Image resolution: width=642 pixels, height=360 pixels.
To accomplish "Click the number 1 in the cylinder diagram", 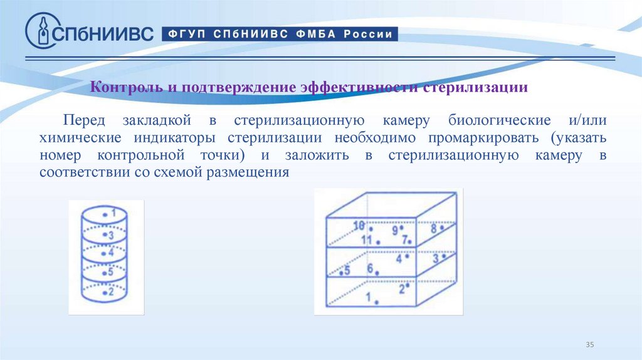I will pyautogui.click(x=113, y=214).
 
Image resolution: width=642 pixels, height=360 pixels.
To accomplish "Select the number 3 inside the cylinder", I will pyautogui.click(x=110, y=236).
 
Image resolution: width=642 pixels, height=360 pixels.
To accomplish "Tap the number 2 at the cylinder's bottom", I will pyautogui.click(x=110, y=292).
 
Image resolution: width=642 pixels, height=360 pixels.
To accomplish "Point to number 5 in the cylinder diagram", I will pyautogui.click(x=110, y=272).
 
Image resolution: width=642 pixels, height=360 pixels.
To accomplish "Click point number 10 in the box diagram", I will pyautogui.click(x=359, y=226).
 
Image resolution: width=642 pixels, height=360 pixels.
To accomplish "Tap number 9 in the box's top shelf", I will pyautogui.click(x=396, y=230).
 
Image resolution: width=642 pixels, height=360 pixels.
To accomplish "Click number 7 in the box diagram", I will pyautogui.click(x=406, y=239).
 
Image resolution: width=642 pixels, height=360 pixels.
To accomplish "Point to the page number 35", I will pyautogui.click(x=589, y=345).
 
